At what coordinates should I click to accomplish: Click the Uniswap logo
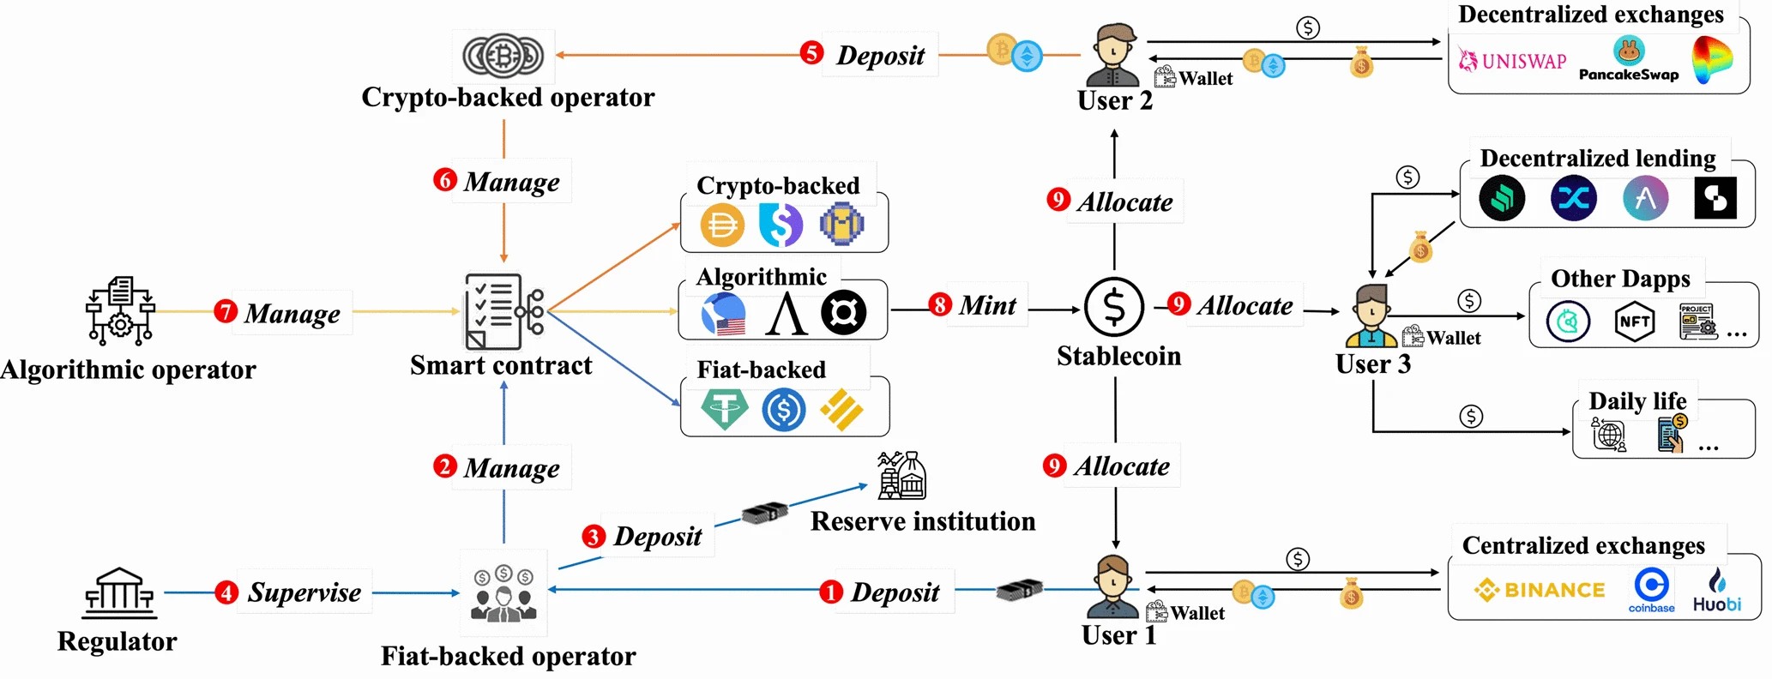1513,60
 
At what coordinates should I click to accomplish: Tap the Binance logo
1540,590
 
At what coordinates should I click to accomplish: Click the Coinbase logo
1651,590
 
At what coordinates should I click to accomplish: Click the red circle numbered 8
940,304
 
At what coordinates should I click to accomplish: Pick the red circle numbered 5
811,53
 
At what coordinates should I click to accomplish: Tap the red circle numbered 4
226,592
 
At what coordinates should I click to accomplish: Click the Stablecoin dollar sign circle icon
1114,306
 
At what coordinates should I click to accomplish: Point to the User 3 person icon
1371,315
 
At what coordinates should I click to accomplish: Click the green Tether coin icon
724,409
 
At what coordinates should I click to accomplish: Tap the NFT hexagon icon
1634,322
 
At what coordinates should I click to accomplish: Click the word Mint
987,305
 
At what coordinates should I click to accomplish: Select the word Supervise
304,592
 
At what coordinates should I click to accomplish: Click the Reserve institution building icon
901,476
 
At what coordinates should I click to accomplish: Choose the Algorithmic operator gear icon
120,310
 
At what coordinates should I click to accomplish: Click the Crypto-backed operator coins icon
503,56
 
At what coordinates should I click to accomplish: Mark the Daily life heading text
1636,401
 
